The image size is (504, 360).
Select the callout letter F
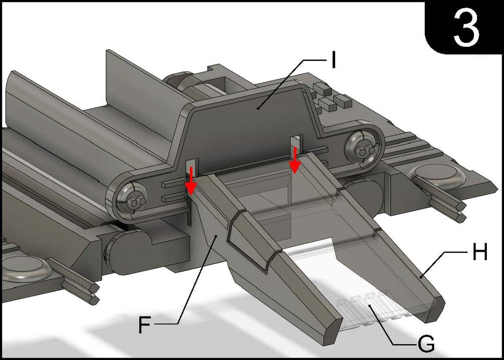[144, 325]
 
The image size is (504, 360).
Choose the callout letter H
[479, 253]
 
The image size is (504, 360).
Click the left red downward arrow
[191, 186]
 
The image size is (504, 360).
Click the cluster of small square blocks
[329, 97]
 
